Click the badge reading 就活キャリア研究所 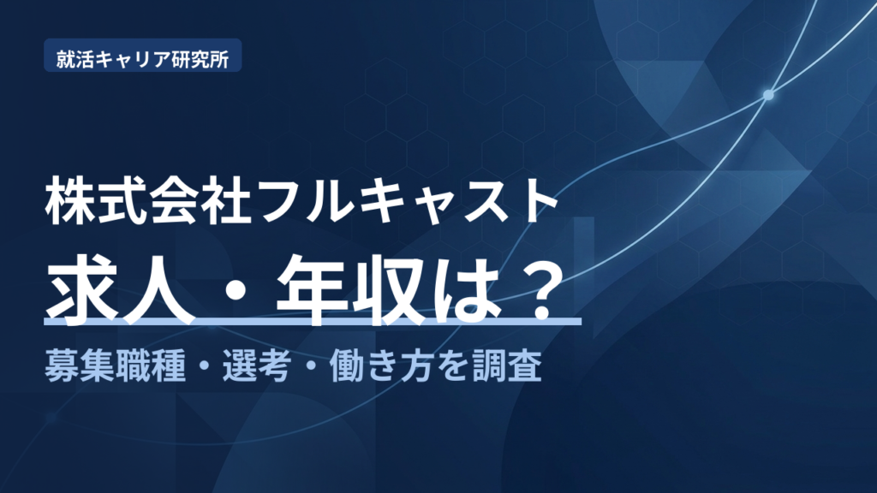(143, 56)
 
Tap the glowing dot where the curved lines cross (768, 95)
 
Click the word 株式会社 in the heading (148, 201)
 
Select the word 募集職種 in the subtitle (115, 366)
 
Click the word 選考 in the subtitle (256, 366)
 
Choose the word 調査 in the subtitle (507, 366)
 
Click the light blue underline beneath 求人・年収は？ (313, 322)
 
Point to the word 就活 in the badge (75, 59)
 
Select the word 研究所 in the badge (200, 59)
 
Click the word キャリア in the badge (132, 59)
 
